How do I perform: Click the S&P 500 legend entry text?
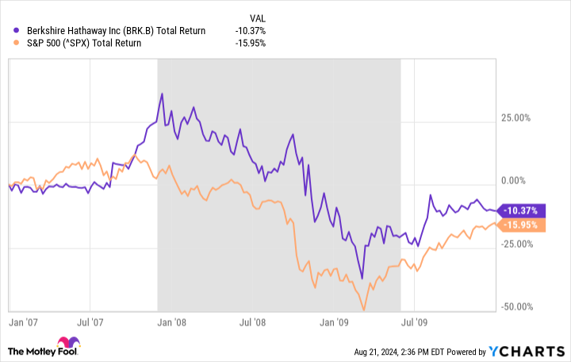[78, 43]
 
